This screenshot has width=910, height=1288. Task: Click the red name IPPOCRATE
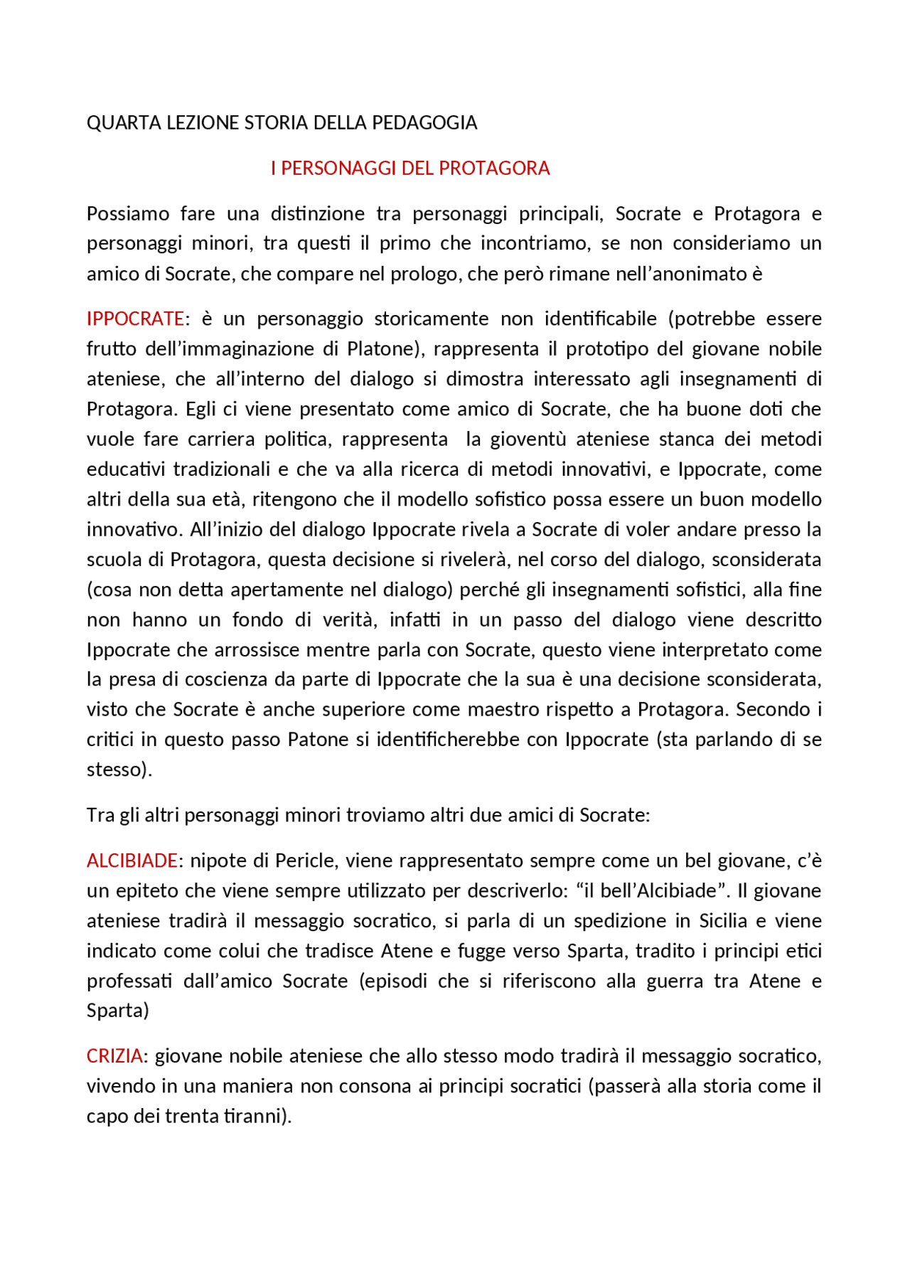point(135,319)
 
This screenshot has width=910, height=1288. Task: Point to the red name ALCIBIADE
point(132,861)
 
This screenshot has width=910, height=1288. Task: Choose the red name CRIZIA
point(114,1056)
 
